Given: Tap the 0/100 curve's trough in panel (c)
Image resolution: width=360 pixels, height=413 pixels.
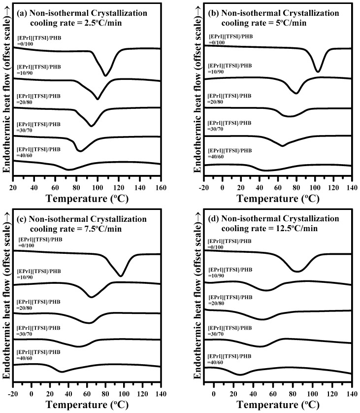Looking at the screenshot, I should click(121, 276).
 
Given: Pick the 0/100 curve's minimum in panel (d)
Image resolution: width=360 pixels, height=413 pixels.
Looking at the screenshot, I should click(297, 271).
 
